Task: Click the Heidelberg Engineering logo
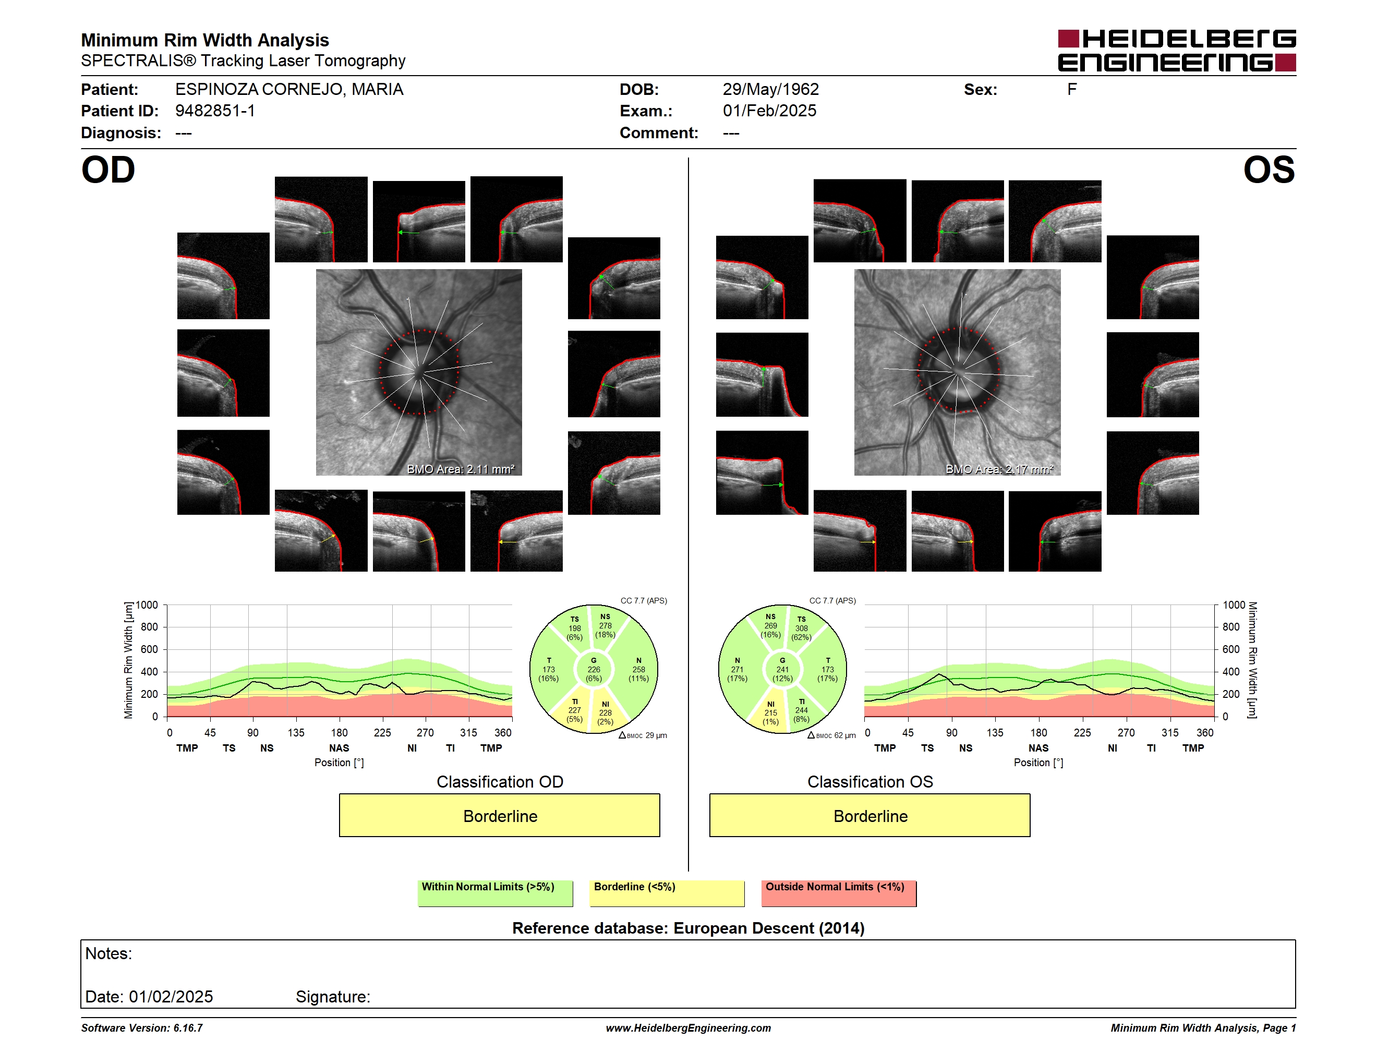1177,51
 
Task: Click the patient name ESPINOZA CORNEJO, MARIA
289,90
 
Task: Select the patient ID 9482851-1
215,111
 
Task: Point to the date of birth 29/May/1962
770,90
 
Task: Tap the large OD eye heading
108,170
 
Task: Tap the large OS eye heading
1269,170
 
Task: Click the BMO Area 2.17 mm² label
999,469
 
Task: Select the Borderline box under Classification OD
499,815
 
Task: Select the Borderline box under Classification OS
870,815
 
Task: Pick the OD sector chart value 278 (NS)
605,626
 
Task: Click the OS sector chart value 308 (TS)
801,628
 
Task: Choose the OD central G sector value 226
594,669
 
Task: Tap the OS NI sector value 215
770,713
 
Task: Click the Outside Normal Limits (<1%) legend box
839,893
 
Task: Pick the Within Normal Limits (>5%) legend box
495,893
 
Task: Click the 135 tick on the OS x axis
995,732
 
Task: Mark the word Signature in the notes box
332,997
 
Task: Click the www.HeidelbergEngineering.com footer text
688,1028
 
